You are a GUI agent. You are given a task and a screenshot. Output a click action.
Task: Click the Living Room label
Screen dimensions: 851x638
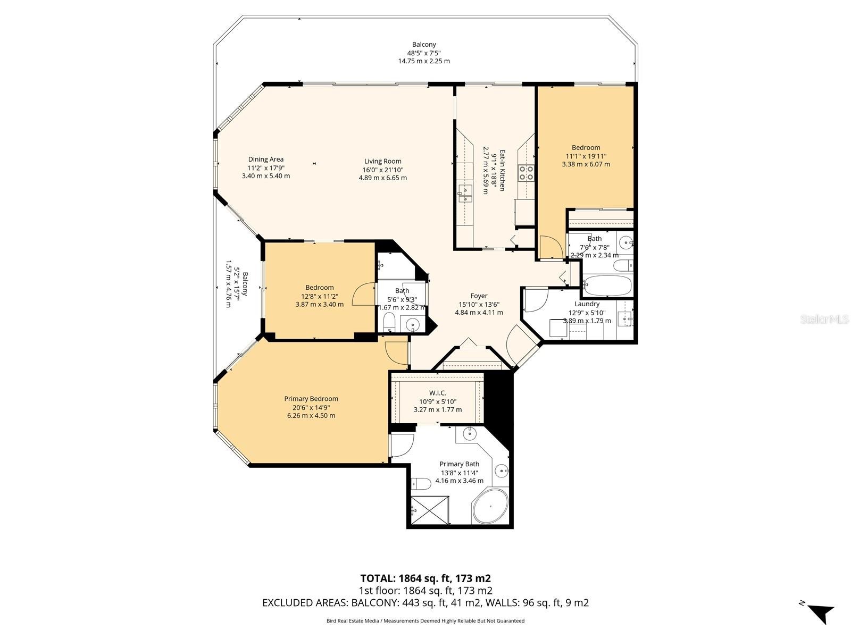click(382, 161)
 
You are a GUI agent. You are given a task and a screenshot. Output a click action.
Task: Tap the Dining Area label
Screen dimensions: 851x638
click(265, 159)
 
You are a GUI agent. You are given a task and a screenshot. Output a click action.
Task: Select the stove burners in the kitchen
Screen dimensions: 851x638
click(526, 173)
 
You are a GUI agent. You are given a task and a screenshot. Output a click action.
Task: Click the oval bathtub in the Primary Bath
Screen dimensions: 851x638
click(490, 506)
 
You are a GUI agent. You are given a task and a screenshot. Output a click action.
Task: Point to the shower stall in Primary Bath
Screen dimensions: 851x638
click(430, 510)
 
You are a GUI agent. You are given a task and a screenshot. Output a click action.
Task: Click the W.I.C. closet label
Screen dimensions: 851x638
click(438, 393)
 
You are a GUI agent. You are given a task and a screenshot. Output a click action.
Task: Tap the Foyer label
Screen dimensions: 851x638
click(479, 296)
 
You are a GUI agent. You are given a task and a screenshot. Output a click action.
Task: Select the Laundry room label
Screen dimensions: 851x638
click(587, 304)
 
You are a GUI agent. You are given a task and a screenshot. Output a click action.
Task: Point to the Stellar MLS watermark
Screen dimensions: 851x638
click(824, 319)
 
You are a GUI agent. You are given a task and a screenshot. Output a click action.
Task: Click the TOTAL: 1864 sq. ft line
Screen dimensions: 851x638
click(425, 578)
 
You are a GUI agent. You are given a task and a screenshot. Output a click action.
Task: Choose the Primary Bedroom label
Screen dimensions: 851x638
click(311, 399)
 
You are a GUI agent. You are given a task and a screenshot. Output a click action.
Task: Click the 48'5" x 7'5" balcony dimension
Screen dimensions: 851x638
click(424, 53)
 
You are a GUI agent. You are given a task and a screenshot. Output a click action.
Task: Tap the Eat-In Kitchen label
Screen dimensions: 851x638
click(502, 171)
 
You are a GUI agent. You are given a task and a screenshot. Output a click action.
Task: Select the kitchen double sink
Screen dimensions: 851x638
click(465, 194)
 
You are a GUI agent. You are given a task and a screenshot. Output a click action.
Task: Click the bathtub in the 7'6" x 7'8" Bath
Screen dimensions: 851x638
click(607, 286)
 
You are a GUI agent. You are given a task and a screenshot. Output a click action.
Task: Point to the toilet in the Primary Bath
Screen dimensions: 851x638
click(421, 484)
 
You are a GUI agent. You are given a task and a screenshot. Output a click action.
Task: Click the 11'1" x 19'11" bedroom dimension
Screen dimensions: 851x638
click(586, 156)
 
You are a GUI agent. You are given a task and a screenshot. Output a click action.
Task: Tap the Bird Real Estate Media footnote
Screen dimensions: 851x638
click(425, 620)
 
